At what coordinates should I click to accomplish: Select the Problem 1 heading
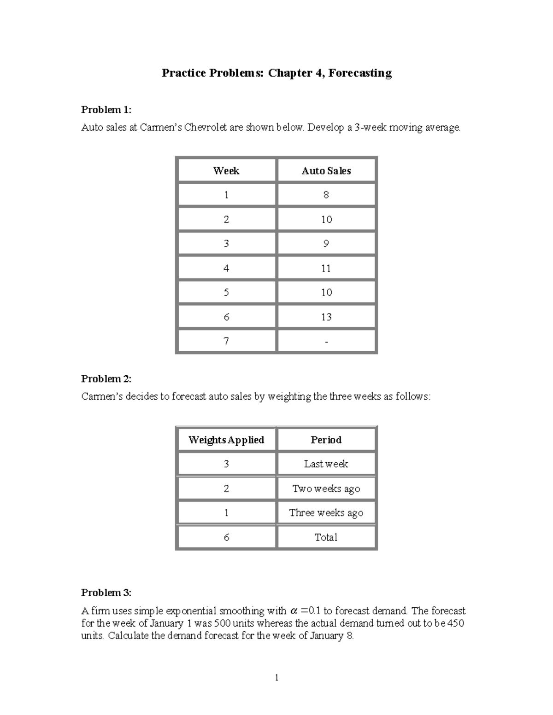click(x=106, y=110)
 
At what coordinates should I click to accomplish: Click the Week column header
click(x=226, y=171)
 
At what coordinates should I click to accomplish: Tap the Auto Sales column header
click(x=326, y=171)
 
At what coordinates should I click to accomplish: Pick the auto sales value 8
click(x=326, y=195)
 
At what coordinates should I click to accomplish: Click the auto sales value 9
click(x=326, y=244)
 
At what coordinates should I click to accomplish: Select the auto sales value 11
click(x=326, y=268)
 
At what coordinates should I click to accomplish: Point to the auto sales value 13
click(x=326, y=317)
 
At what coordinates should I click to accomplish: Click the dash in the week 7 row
click(x=326, y=342)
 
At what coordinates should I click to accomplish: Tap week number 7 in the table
click(x=226, y=342)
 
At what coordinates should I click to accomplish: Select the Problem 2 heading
click(x=106, y=379)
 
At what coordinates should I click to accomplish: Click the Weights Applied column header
click(x=226, y=440)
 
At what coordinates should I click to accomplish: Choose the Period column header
click(x=326, y=440)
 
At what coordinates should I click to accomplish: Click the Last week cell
click(x=326, y=464)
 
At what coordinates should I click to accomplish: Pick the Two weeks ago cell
click(x=326, y=489)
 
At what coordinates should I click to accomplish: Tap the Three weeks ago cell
click(x=326, y=513)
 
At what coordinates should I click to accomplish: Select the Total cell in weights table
click(x=326, y=537)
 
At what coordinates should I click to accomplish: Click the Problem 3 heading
click(x=106, y=593)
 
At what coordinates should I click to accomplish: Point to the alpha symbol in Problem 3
click(x=294, y=611)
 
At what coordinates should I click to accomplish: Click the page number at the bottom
click(x=276, y=678)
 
